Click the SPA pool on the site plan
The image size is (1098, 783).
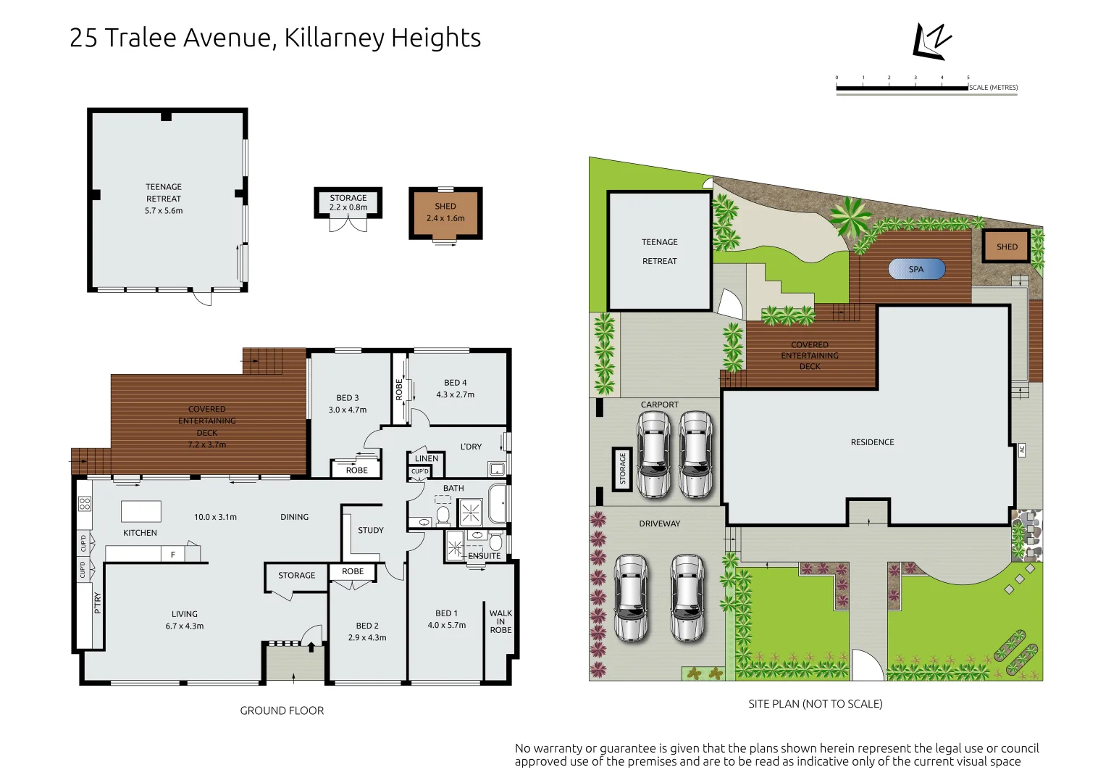916,269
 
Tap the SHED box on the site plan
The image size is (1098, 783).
1006,246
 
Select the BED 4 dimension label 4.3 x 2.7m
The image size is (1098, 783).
455,394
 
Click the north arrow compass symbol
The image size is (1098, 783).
931,41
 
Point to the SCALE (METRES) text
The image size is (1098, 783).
993,88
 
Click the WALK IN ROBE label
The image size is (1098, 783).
500,621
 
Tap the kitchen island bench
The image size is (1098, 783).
141,511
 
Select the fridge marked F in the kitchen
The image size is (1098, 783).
173,555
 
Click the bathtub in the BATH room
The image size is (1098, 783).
498,503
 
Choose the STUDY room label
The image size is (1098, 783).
371,530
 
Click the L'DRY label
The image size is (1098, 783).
471,447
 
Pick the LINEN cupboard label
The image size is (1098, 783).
427,458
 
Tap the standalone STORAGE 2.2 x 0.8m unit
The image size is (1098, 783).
348,202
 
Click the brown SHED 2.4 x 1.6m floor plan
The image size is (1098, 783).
445,212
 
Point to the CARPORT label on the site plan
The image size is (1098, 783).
659,405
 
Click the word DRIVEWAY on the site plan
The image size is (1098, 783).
659,523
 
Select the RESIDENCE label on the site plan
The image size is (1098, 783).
872,442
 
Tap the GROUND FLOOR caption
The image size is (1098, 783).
282,710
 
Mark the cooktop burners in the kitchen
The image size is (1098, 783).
85,503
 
